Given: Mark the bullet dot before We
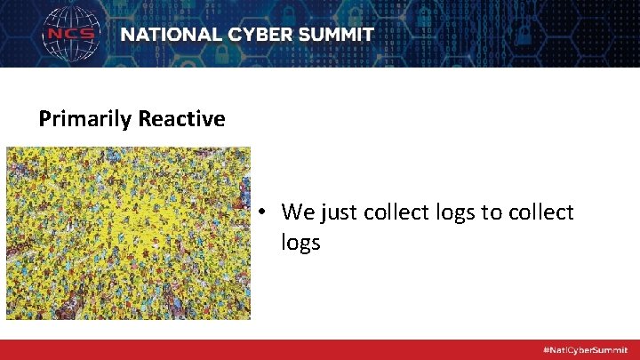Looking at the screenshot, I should click(265, 213).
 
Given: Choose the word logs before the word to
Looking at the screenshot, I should click(454, 213).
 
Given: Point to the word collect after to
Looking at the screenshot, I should click(542, 212).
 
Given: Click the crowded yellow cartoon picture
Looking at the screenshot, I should click(128, 233).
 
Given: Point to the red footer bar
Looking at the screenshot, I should click(267, 349).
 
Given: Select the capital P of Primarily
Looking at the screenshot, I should click(44, 119).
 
